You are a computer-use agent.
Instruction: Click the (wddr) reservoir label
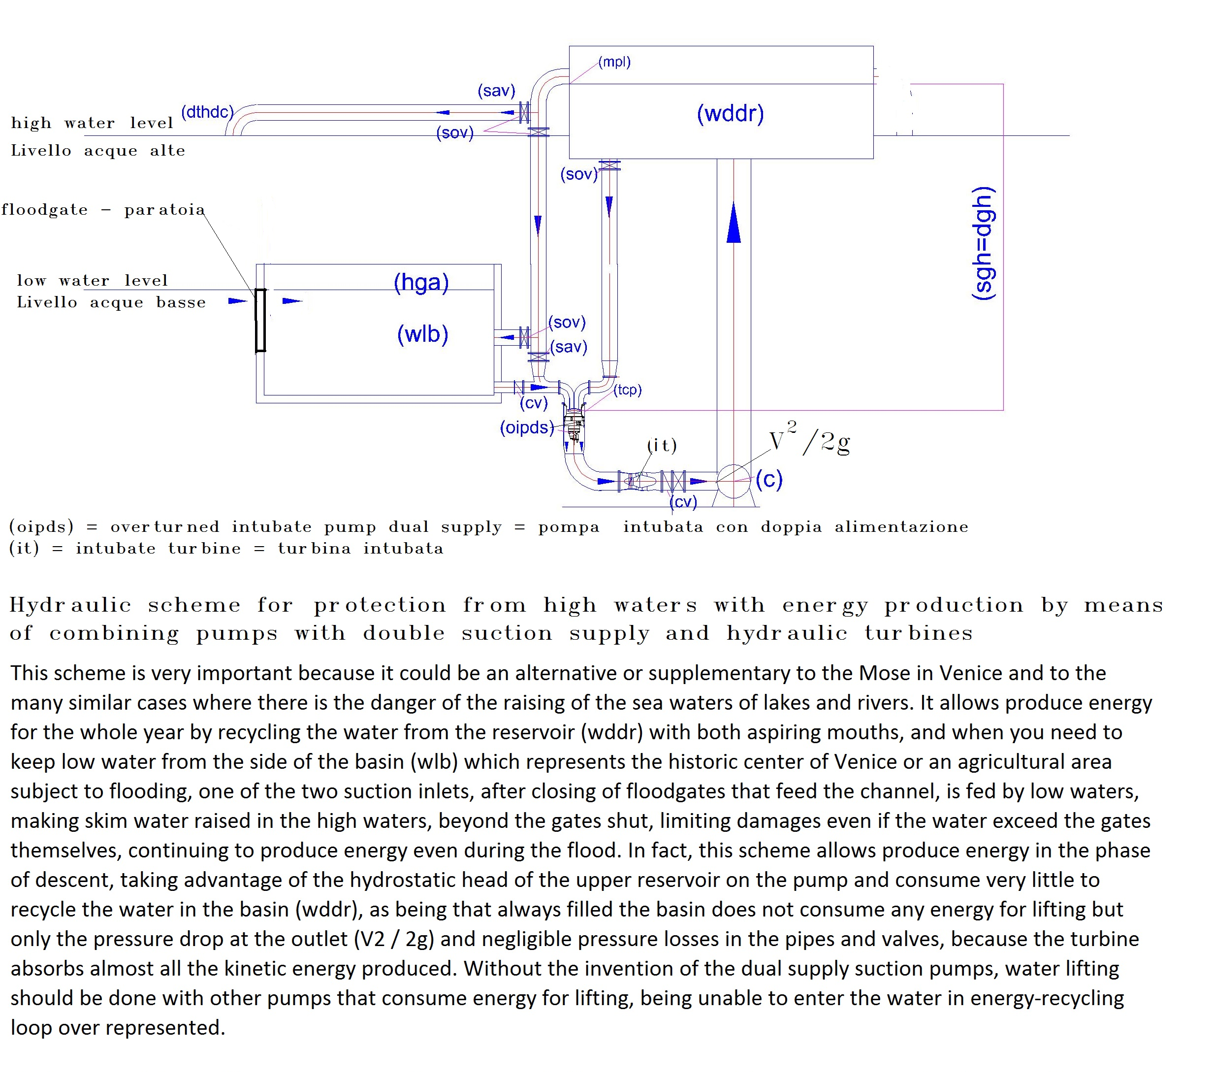(730, 113)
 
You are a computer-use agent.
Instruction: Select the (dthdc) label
(207, 112)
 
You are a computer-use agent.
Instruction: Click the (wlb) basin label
(422, 334)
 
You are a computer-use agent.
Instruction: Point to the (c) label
(769, 479)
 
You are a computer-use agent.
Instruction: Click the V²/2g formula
(809, 438)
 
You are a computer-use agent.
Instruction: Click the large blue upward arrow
(734, 222)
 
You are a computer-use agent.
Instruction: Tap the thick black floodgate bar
(260, 320)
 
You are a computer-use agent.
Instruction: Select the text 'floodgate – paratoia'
(103, 210)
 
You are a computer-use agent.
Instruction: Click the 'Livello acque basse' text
(111, 302)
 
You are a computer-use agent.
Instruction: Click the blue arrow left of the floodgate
(238, 301)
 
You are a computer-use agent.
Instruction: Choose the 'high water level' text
(92, 123)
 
